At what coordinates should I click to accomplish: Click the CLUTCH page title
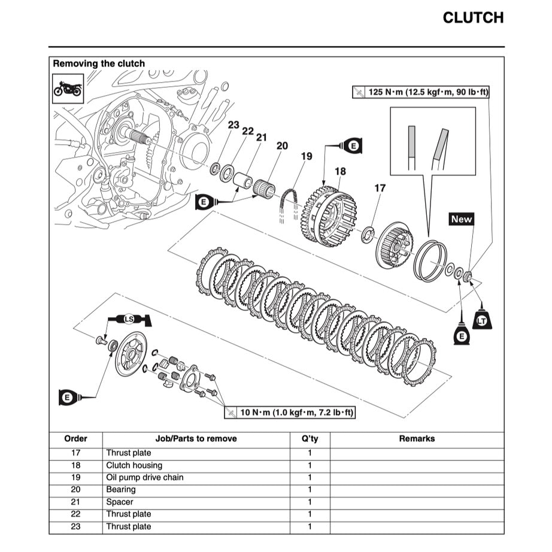pyautogui.click(x=472, y=18)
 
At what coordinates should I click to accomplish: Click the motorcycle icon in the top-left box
pyautogui.click(x=68, y=89)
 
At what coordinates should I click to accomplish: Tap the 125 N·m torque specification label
pyautogui.click(x=421, y=92)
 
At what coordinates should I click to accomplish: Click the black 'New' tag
pyautogui.click(x=461, y=219)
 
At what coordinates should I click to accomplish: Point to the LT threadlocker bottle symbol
pyautogui.click(x=481, y=320)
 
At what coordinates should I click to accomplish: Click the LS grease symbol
pyautogui.click(x=129, y=319)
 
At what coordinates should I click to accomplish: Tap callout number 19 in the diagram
pyautogui.click(x=307, y=157)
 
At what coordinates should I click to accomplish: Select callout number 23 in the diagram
pyautogui.click(x=233, y=126)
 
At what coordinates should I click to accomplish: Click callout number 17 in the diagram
pyautogui.click(x=380, y=188)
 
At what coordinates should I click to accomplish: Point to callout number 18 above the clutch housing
pyautogui.click(x=340, y=171)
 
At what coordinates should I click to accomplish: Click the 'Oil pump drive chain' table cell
pyautogui.click(x=145, y=478)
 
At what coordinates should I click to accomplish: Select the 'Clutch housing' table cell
pyautogui.click(x=134, y=465)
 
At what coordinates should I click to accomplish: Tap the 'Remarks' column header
pyautogui.click(x=417, y=439)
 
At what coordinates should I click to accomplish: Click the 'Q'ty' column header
pyautogui.click(x=310, y=439)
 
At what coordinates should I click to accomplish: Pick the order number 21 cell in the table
pyautogui.click(x=75, y=502)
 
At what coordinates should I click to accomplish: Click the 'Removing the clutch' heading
pyautogui.click(x=99, y=63)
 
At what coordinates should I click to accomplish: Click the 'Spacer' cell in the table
pyautogui.click(x=120, y=502)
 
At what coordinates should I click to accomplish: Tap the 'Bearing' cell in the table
pyautogui.click(x=121, y=490)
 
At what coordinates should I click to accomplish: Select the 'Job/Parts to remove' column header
pyautogui.click(x=196, y=439)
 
